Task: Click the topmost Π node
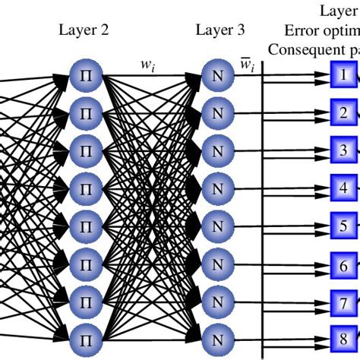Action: click(x=84, y=76)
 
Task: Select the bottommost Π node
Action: click(x=84, y=334)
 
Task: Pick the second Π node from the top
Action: click(x=84, y=113)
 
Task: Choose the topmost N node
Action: click(x=215, y=76)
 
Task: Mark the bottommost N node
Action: click(x=215, y=334)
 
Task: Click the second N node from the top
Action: click(x=215, y=113)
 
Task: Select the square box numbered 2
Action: click(x=343, y=112)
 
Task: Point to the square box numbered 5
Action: click(x=343, y=225)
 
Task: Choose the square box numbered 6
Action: click(x=343, y=266)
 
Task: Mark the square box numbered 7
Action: click(x=343, y=302)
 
